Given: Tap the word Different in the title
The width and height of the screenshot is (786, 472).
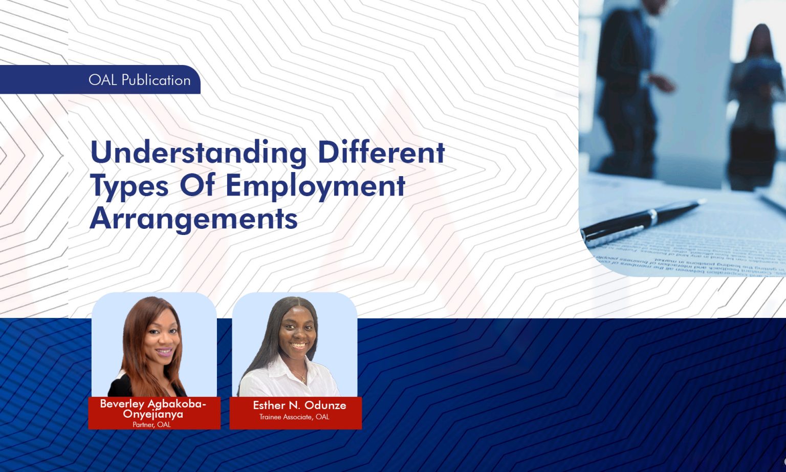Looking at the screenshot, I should pos(381,152).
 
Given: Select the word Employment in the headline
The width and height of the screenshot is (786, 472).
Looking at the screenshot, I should pos(315,185).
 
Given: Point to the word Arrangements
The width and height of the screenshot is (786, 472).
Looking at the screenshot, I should pos(193,218).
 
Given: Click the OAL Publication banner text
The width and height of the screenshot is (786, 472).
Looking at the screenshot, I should pos(139,80).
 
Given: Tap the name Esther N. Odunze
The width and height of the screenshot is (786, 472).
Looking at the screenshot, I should pos(299,405).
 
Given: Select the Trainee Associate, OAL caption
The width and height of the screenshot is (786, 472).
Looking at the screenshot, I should pos(294,417).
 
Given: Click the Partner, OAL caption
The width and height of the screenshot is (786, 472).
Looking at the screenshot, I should pos(151,425).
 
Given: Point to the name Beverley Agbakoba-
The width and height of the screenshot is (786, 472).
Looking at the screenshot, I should pos(153,404).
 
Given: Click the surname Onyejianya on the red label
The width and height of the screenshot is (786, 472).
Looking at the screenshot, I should pos(153,414).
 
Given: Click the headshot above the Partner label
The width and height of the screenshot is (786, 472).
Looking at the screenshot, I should pos(154,346).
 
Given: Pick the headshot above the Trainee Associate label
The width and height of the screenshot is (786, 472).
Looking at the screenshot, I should pos(295,346).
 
